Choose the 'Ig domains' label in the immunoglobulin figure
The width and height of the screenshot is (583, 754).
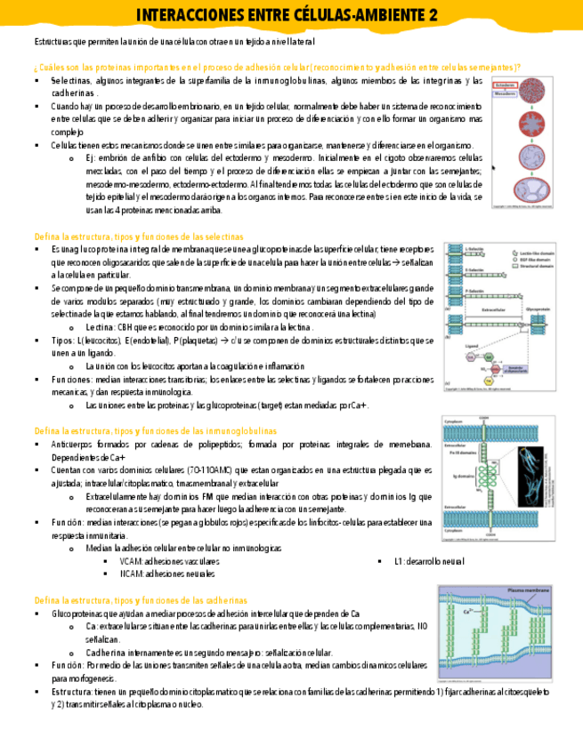pyautogui.click(x=468, y=476)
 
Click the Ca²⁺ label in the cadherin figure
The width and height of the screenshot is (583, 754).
pyautogui.click(x=469, y=611)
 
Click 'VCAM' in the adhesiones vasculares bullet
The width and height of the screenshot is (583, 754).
pyautogui.click(x=131, y=562)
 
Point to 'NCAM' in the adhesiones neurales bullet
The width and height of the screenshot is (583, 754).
pyautogui.click(x=131, y=574)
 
